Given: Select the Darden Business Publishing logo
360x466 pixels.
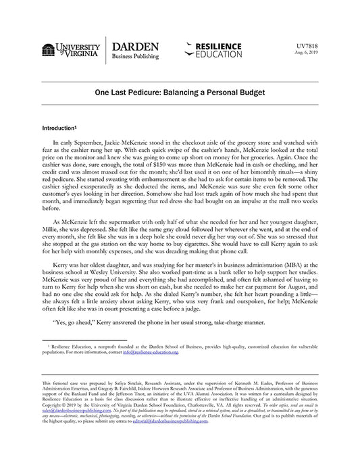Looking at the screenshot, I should [135, 51].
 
